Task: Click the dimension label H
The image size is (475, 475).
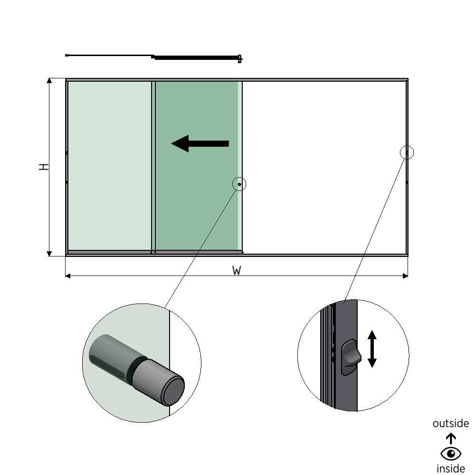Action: pyautogui.click(x=44, y=167)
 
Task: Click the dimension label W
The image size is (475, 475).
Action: pyautogui.click(x=237, y=271)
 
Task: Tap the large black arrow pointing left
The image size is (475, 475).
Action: pyautogui.click(x=200, y=143)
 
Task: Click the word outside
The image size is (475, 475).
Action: pyautogui.click(x=450, y=423)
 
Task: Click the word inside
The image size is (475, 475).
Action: pyautogui.click(x=450, y=469)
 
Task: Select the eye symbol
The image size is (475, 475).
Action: pyautogui.click(x=450, y=454)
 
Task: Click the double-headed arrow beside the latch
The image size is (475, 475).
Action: pyautogui.click(x=372, y=349)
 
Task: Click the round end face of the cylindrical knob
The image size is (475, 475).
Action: pyautogui.click(x=173, y=390)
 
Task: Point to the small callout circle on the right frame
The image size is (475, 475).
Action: pyautogui.click(x=407, y=152)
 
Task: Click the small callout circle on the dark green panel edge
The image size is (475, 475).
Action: pyautogui.click(x=239, y=184)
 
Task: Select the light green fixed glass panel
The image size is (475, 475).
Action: pyautogui.click(x=109, y=166)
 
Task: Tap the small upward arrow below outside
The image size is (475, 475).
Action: pyautogui.click(x=450, y=437)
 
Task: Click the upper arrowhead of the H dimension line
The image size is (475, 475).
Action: pyautogui.click(x=49, y=81)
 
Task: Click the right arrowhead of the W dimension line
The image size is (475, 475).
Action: pyautogui.click(x=405, y=275)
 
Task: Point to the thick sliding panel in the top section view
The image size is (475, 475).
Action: pyautogui.click(x=195, y=58)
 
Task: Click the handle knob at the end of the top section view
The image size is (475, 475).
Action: pyautogui.click(x=240, y=58)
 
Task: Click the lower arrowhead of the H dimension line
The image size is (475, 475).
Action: pyautogui.click(x=49, y=253)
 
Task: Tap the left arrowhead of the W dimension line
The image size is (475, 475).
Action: pyautogui.click(x=68, y=275)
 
